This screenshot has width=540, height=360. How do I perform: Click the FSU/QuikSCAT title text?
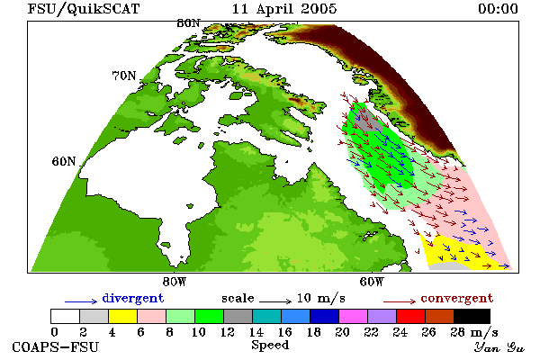pos(84,9)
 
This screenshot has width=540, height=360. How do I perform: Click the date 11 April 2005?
pos(284,9)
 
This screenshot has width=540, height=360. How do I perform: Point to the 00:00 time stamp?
pos(498,9)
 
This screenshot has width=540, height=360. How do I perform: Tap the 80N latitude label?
pos(188,23)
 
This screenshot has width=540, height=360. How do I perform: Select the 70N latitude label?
pos(124,76)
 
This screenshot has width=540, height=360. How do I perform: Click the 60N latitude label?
pos(64,161)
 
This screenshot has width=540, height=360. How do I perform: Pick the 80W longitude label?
pos(175,282)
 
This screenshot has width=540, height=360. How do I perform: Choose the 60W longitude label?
pos(371,282)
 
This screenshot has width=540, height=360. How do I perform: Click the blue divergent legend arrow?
pos(81,301)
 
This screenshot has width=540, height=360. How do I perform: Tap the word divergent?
pos(133,298)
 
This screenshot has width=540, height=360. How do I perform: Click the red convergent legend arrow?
pos(400,301)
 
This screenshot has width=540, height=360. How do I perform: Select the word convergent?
pos(457,298)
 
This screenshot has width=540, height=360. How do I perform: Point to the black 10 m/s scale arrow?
pos(275,301)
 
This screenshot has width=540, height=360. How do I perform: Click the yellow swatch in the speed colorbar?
pos(122,316)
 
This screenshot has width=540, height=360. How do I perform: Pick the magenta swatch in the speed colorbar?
pos(353,316)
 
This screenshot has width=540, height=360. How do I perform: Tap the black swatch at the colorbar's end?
pos(472,316)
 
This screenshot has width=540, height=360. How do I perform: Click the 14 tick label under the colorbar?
pos(256,332)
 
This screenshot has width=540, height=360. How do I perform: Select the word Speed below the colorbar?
pos(270,346)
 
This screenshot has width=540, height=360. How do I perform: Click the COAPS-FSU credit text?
pos(55,347)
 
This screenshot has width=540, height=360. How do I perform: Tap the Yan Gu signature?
pos(499,347)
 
